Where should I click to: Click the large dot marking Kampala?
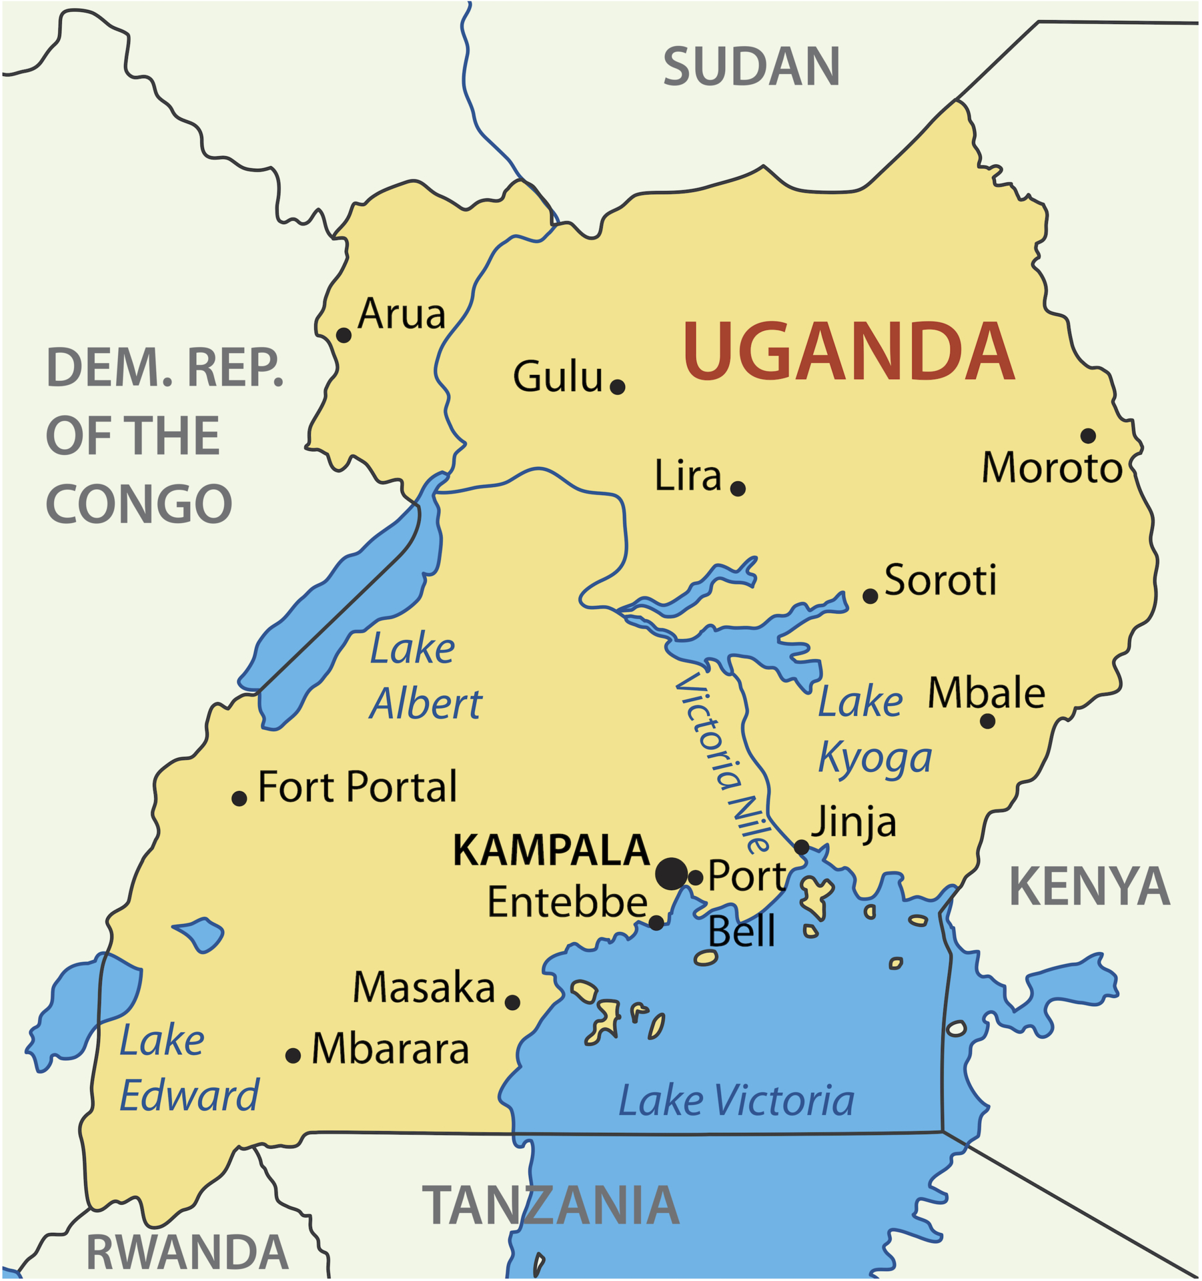tap(672, 875)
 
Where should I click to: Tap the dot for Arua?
tap(344, 335)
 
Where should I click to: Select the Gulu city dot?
tap(618, 387)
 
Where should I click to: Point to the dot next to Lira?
tap(738, 489)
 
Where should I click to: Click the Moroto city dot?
tap(1088, 436)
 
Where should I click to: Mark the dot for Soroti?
tap(870, 596)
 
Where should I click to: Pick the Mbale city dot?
tap(988, 721)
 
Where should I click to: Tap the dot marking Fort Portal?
tap(239, 799)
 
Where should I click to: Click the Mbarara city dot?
tap(293, 1056)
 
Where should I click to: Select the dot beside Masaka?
tap(512, 1003)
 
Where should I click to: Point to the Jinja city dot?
tap(802, 848)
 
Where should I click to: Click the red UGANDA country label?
tap(848, 352)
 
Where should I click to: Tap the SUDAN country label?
tap(751, 67)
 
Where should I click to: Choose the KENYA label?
tap(1089, 887)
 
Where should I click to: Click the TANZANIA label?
tap(551, 1206)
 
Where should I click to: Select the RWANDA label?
tap(187, 1252)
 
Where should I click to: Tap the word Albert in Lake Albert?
tap(426, 705)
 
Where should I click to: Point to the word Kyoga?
tap(874, 759)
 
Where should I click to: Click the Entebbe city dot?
tap(656, 923)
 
